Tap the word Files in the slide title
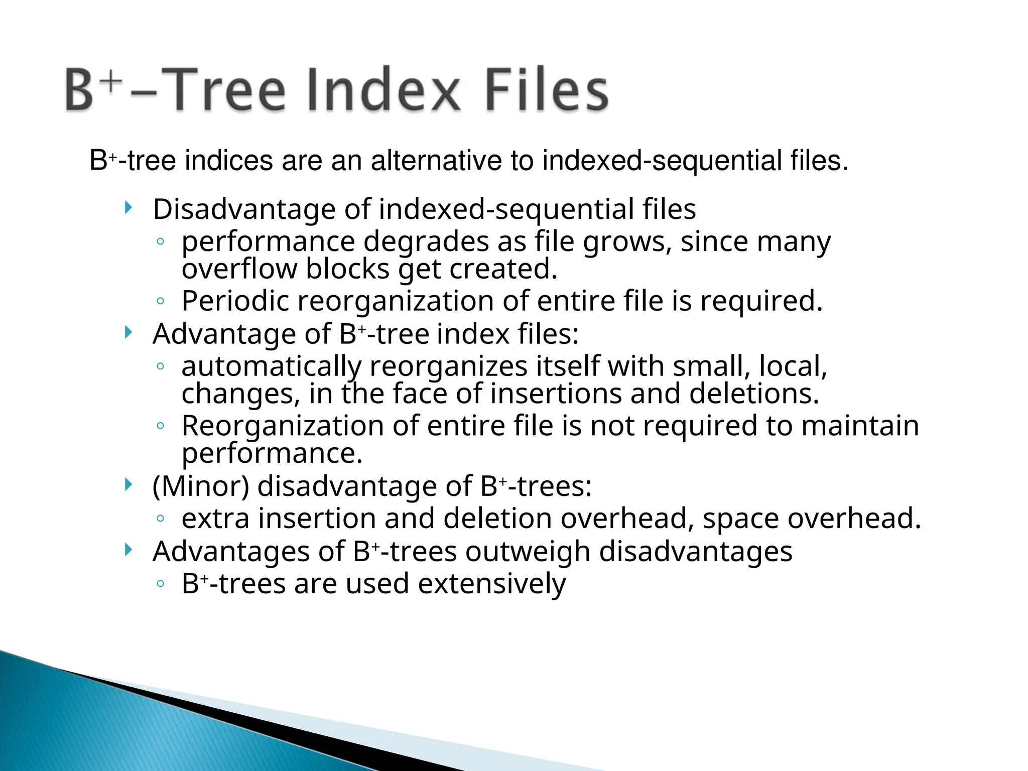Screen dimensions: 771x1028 (547, 90)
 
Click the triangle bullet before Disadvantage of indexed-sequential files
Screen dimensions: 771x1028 (128, 207)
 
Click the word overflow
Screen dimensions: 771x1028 (239, 269)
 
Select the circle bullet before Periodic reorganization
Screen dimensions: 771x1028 (160, 301)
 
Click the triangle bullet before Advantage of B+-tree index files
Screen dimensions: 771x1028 (128, 332)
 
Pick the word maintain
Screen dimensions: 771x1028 (860, 426)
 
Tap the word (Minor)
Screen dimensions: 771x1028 (201, 486)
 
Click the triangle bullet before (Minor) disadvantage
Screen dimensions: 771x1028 (128, 484)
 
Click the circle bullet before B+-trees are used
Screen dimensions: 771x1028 (160, 584)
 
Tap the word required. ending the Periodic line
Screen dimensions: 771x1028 (761, 301)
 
